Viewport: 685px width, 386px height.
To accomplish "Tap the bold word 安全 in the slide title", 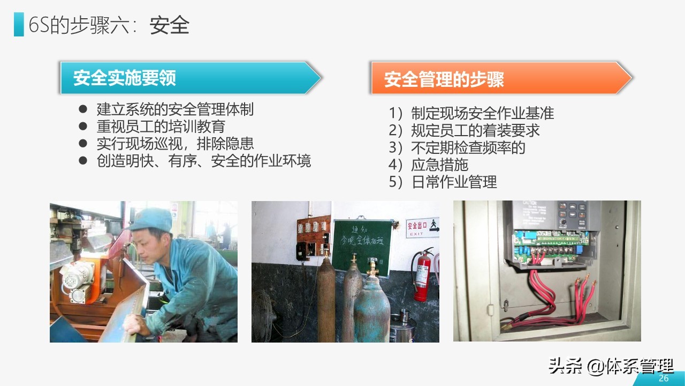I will (x=170, y=25).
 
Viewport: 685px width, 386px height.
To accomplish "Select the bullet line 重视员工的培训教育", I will (x=161, y=127).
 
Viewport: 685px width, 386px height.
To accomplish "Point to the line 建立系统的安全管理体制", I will (x=174, y=109).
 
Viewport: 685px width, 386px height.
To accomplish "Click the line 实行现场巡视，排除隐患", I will (x=174, y=144).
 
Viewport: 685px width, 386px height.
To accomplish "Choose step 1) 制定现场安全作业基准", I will (x=471, y=113).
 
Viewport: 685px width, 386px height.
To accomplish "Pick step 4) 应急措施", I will (x=429, y=165).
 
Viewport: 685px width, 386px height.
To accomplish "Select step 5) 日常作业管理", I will (x=443, y=182).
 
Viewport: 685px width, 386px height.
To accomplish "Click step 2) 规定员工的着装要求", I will (x=465, y=130).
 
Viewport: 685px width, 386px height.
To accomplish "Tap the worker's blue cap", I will (x=151, y=219).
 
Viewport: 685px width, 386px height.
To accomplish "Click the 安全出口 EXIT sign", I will (x=422, y=227).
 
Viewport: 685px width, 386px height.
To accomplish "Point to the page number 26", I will (x=664, y=378).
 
